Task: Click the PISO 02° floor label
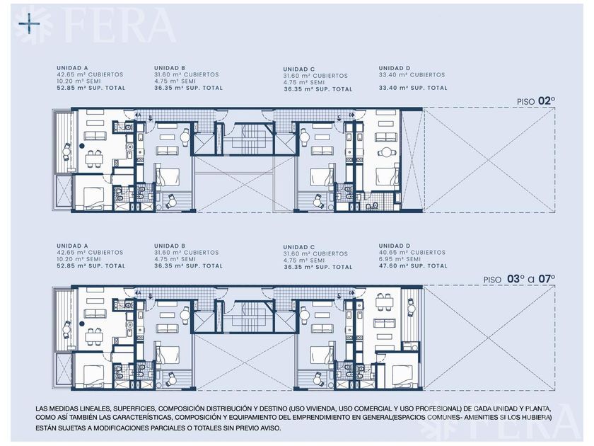tap(536, 101)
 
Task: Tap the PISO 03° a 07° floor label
tap(519, 279)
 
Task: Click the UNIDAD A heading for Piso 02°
tap(72, 68)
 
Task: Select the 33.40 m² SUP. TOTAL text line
tap(413, 88)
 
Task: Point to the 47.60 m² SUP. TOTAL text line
tap(413, 266)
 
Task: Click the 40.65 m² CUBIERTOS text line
tap(412, 253)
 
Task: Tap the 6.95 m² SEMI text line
tap(400, 259)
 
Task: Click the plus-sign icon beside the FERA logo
tap(29, 24)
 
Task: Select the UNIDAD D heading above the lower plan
tap(395, 246)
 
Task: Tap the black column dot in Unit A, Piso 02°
tap(81, 145)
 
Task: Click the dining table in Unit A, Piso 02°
tap(94, 159)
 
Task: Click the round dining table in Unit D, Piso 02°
tap(387, 152)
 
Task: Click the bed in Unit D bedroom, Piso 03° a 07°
tap(404, 374)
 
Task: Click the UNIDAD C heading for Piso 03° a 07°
tap(299, 247)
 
